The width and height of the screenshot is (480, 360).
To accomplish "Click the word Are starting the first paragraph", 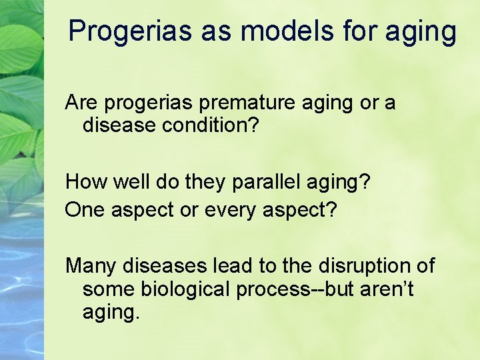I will click(x=81, y=103).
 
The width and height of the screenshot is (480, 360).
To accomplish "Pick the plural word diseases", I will click(x=165, y=265).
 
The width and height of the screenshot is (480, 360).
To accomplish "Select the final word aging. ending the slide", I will click(x=111, y=312).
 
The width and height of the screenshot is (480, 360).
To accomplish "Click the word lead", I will click(x=233, y=265).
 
